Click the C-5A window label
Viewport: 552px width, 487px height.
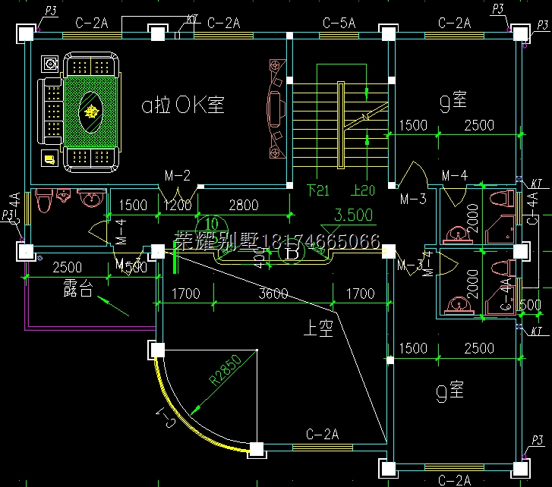click(x=339, y=24)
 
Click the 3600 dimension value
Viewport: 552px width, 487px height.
click(x=274, y=294)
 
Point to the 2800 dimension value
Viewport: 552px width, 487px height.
click(x=243, y=205)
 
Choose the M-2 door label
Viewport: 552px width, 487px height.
click(x=177, y=176)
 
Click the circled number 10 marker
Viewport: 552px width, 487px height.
click(x=212, y=225)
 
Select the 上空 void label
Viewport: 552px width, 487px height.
click(x=319, y=329)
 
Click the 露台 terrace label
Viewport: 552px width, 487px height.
click(x=78, y=289)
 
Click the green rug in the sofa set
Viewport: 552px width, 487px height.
click(x=92, y=112)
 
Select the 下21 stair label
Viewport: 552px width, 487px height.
click(x=317, y=190)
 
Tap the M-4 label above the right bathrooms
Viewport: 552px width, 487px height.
click(x=454, y=176)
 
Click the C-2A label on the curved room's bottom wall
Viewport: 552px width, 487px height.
click(x=322, y=435)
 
